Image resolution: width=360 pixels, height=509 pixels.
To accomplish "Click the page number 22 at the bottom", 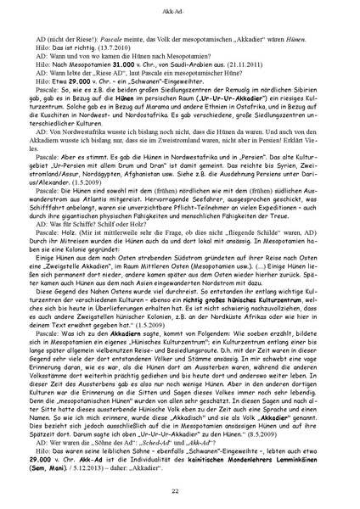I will click(x=180, y=492).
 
